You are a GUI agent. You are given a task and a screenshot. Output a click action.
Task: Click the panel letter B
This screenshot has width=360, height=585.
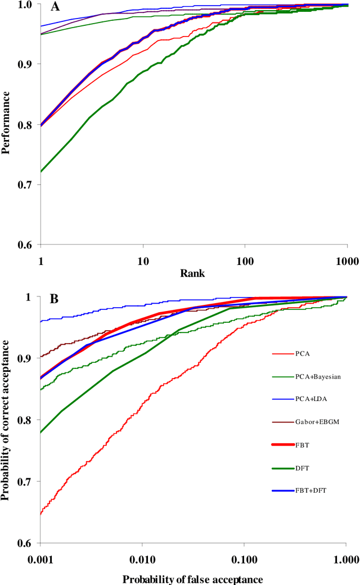click(55, 299)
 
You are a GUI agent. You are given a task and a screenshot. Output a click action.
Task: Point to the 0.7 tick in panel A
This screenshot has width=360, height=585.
click(26, 184)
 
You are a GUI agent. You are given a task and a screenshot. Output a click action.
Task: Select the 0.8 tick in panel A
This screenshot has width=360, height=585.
click(26, 124)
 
